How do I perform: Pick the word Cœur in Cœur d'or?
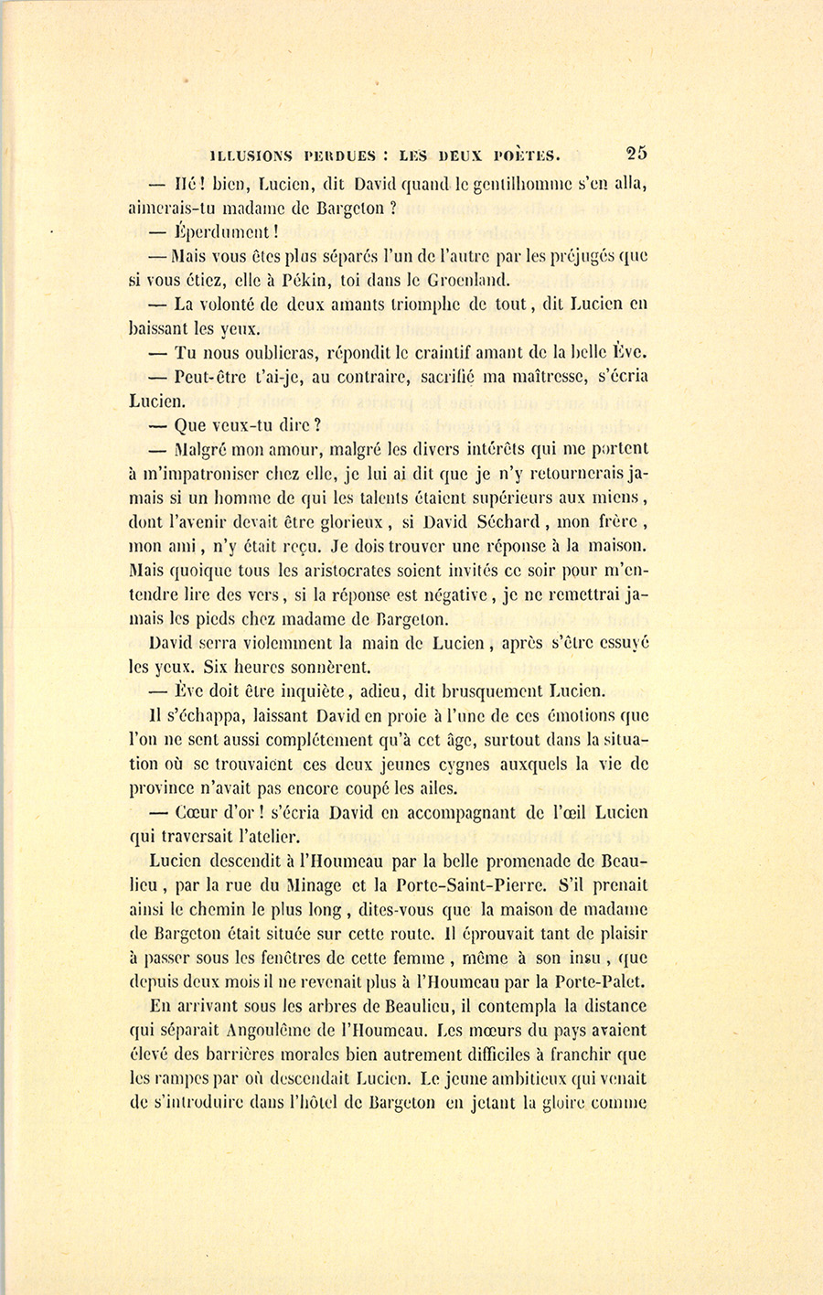[x=195, y=811]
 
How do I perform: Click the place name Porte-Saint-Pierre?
[x=469, y=884]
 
